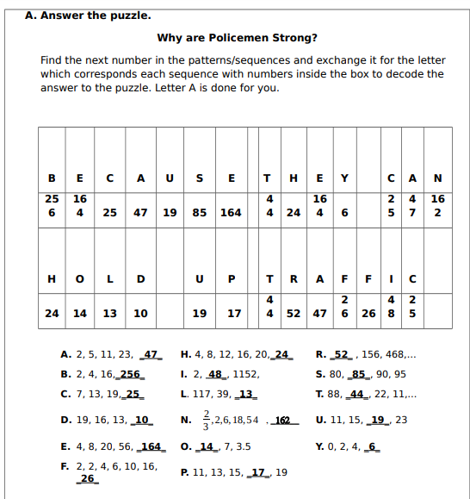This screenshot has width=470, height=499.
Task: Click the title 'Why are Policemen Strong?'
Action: (237, 38)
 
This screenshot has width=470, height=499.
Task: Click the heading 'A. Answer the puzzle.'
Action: (88, 15)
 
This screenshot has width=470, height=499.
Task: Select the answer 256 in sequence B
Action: (130, 375)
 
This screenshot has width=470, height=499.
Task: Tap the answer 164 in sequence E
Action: (151, 446)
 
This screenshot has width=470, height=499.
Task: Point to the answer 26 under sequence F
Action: (87, 478)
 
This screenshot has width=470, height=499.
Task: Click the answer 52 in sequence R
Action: (342, 354)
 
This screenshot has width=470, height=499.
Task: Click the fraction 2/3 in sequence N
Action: (203, 420)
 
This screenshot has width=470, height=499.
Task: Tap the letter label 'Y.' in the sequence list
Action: (321, 446)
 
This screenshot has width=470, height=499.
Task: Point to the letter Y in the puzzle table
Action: (343, 179)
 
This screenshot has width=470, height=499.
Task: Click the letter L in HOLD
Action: (109, 278)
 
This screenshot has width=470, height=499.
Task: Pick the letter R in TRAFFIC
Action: (294, 278)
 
